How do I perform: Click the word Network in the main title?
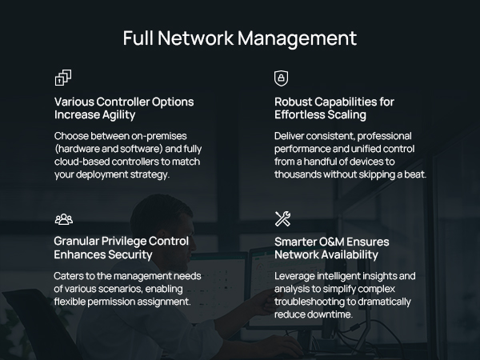[x=196, y=38]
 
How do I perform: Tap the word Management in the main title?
[x=298, y=38]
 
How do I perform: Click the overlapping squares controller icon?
[x=63, y=78]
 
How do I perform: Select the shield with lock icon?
[x=281, y=78]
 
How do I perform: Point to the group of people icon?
[x=64, y=219]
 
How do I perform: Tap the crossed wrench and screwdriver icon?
[x=282, y=218]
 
